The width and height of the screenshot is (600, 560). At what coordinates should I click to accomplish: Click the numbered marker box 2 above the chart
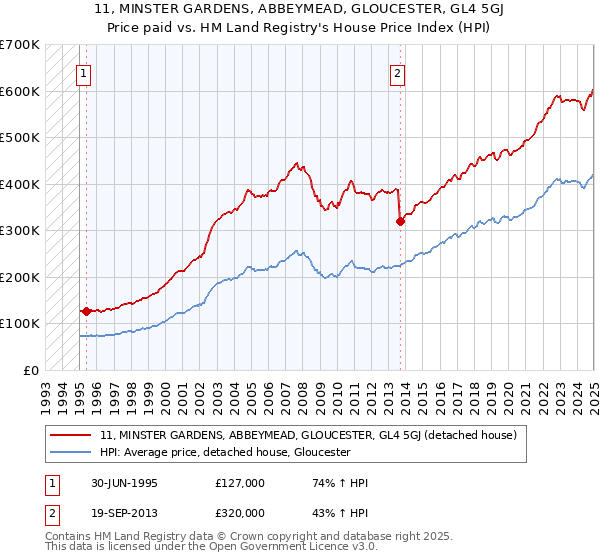point(397,72)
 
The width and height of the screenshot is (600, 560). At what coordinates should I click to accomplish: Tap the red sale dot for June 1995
point(86,311)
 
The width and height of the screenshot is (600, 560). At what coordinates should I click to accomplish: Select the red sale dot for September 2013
point(400,222)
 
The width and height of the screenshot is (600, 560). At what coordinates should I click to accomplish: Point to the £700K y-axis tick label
point(19,45)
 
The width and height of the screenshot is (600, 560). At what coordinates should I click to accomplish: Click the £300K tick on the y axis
point(19,231)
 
